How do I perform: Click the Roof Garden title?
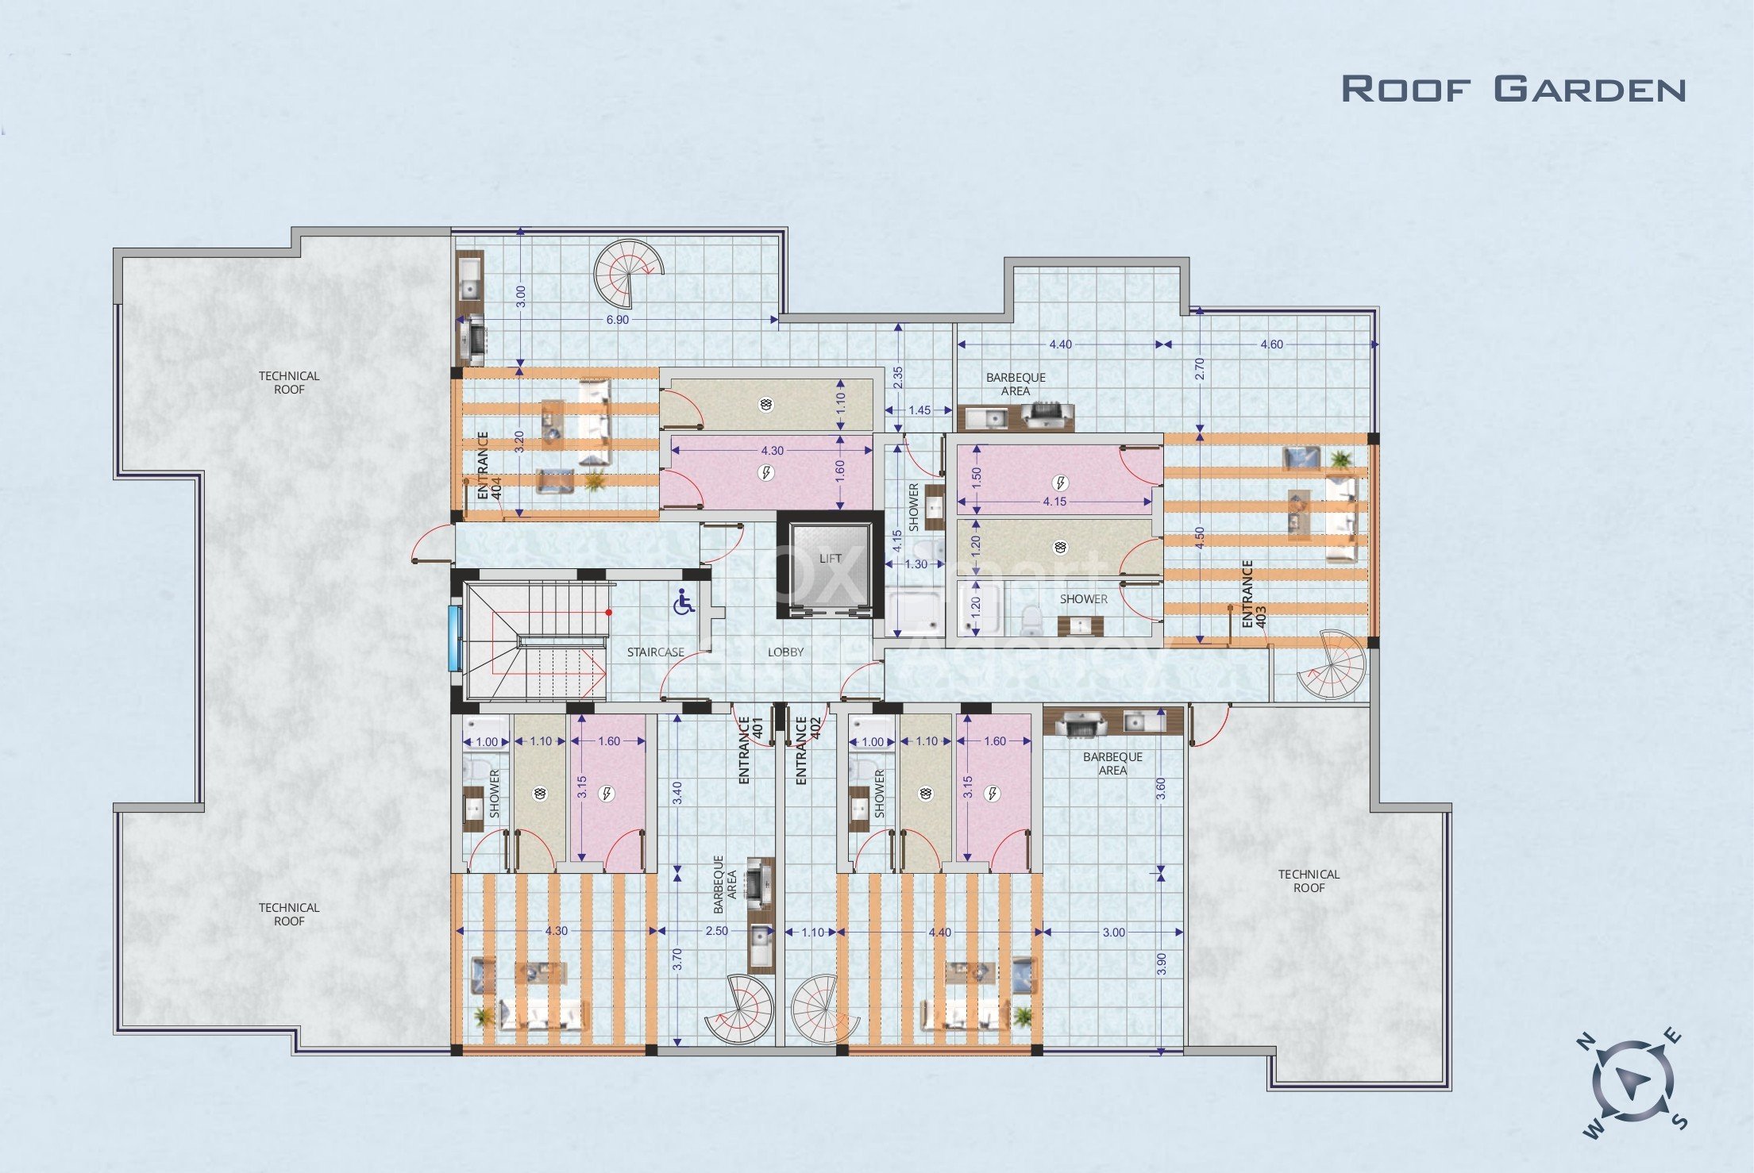1513,89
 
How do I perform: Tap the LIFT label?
831,559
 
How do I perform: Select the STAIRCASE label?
655,652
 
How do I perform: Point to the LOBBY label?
785,652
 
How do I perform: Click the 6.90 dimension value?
617,320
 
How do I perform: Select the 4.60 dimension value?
1271,344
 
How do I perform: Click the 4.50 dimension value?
1200,537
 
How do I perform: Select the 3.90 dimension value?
1161,963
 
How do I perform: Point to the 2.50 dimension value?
716,931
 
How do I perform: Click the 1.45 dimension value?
919,410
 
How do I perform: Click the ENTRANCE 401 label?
750,751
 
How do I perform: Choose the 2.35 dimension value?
898,376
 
